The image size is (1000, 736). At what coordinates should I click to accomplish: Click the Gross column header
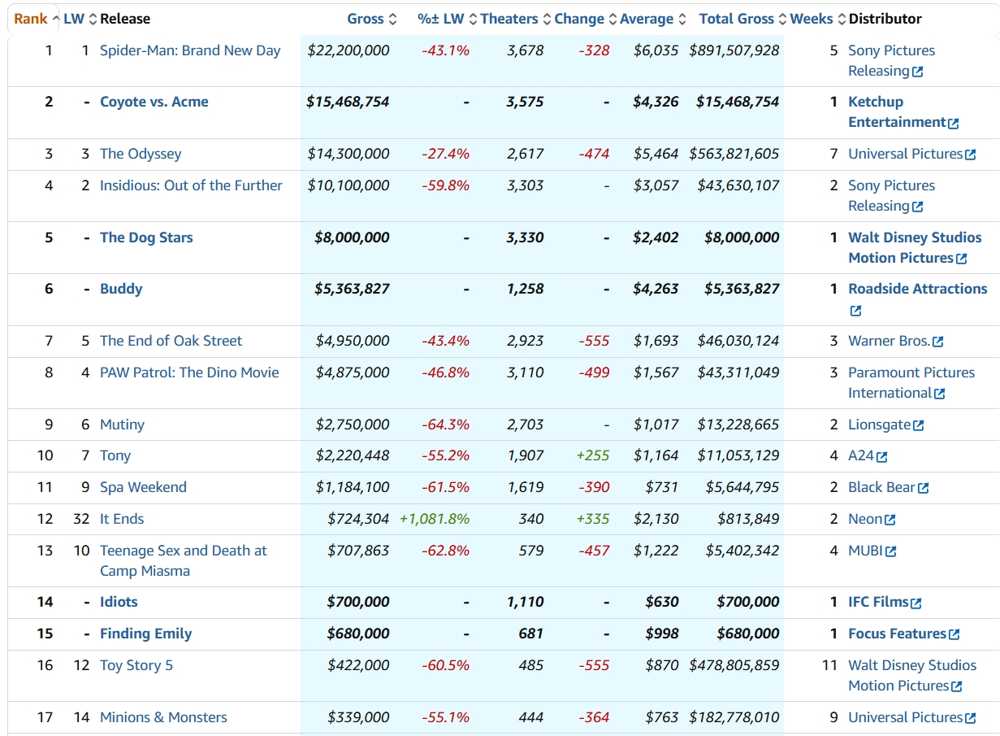(366, 19)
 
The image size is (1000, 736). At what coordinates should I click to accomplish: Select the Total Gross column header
(736, 19)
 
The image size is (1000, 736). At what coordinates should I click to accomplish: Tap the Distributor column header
(885, 19)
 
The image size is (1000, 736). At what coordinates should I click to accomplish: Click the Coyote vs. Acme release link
(154, 102)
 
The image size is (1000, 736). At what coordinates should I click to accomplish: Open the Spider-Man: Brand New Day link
(190, 50)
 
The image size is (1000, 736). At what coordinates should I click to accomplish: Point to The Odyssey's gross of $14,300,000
(348, 154)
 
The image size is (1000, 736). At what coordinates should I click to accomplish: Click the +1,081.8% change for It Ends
(435, 519)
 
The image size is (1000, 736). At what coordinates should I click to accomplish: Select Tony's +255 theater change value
(593, 455)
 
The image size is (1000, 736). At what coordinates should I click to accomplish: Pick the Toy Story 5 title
(136, 665)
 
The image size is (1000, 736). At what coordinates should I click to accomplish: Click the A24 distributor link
(861, 455)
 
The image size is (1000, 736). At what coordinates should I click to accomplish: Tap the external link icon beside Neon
(890, 520)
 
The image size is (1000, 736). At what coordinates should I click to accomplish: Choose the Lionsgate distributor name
(879, 425)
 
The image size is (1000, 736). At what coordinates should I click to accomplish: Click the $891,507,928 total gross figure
(734, 50)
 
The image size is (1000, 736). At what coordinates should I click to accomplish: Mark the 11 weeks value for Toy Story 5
(829, 665)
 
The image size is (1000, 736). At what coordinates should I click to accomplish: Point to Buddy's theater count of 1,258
(525, 290)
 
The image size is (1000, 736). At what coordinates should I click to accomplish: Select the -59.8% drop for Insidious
(445, 185)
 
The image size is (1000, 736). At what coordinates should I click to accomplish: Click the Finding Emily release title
(146, 634)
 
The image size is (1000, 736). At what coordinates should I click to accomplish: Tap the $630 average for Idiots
(661, 602)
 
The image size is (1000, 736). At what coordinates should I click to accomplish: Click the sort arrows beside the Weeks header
(842, 20)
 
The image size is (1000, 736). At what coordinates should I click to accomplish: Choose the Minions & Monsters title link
(163, 717)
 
